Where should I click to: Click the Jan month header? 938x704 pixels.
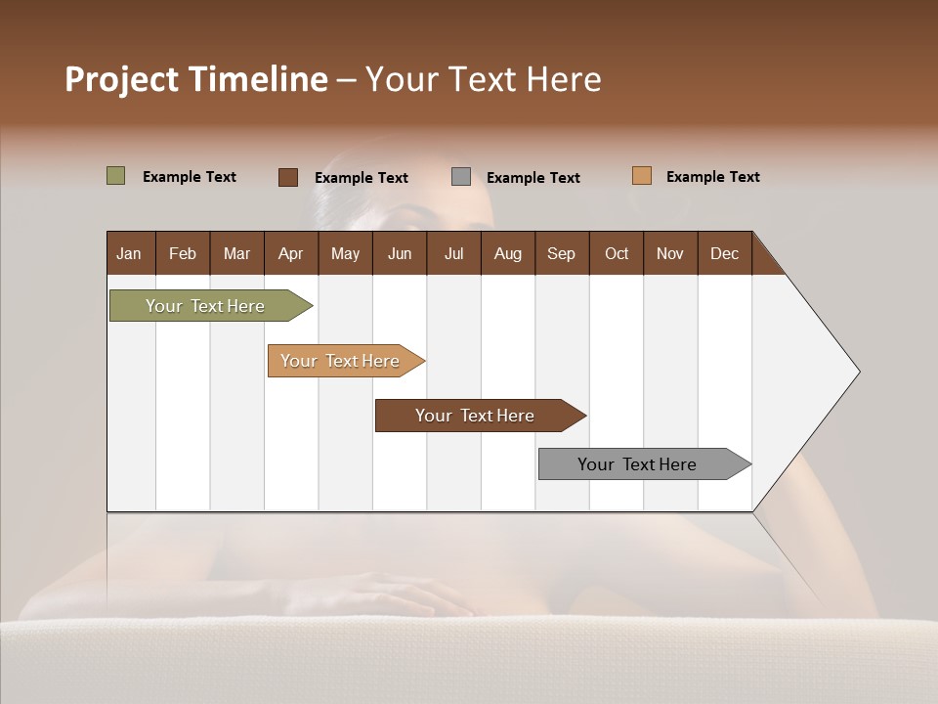130,253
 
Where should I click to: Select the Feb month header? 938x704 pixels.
183,253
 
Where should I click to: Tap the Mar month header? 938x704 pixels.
236,253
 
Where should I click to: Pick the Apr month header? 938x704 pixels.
291,253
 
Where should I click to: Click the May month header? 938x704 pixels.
345,253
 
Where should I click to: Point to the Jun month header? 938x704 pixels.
400,253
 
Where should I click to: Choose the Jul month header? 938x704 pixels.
453,253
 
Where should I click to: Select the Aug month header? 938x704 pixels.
508,253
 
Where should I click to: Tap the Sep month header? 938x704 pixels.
562,253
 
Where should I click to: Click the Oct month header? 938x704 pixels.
617,253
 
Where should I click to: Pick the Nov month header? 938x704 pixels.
670,253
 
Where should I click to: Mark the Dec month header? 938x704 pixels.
725,253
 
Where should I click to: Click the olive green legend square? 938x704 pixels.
116,176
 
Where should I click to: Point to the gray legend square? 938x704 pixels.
461,176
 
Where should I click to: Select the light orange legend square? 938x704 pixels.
642,176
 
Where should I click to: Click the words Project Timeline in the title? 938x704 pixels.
196,79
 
